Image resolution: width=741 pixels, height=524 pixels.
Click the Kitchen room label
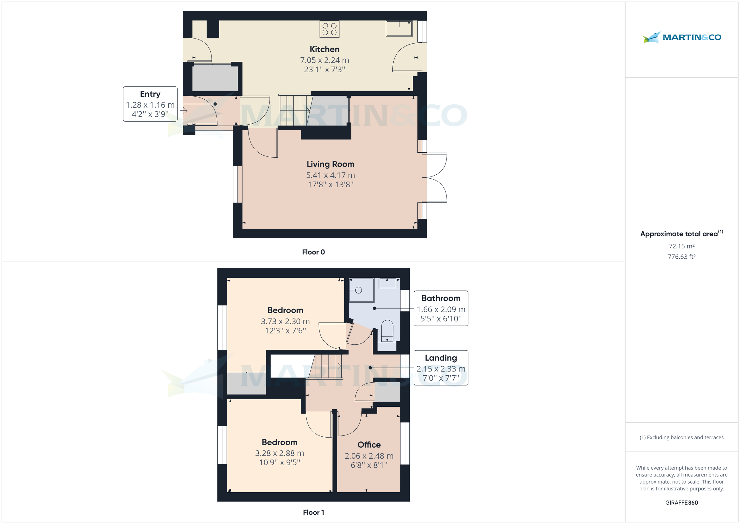(x=324, y=49)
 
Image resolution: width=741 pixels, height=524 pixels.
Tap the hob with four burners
(x=329, y=29)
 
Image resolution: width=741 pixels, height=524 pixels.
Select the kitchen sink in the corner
(x=399, y=29)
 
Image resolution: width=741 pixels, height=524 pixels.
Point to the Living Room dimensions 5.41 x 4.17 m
(x=330, y=175)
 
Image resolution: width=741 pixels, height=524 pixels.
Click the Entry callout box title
(x=150, y=94)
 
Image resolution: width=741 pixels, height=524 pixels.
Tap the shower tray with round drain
(x=361, y=290)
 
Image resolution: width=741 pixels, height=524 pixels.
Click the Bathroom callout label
(x=441, y=298)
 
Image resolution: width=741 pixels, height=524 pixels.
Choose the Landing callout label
(x=441, y=358)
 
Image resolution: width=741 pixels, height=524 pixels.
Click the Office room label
(x=369, y=445)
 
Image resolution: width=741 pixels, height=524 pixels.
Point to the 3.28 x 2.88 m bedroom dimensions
(x=279, y=453)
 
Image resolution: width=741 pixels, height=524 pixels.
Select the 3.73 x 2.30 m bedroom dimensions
(x=285, y=321)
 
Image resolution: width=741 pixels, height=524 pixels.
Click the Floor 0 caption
(x=313, y=252)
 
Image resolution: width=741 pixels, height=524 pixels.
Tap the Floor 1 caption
(x=313, y=512)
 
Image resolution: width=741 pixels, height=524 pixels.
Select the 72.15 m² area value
(x=681, y=246)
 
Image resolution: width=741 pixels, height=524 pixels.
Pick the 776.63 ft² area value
(x=681, y=257)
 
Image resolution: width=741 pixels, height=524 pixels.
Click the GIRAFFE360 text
(x=681, y=503)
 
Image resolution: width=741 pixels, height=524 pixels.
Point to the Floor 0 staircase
(x=294, y=110)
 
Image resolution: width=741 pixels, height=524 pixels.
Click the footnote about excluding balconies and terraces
(x=681, y=438)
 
